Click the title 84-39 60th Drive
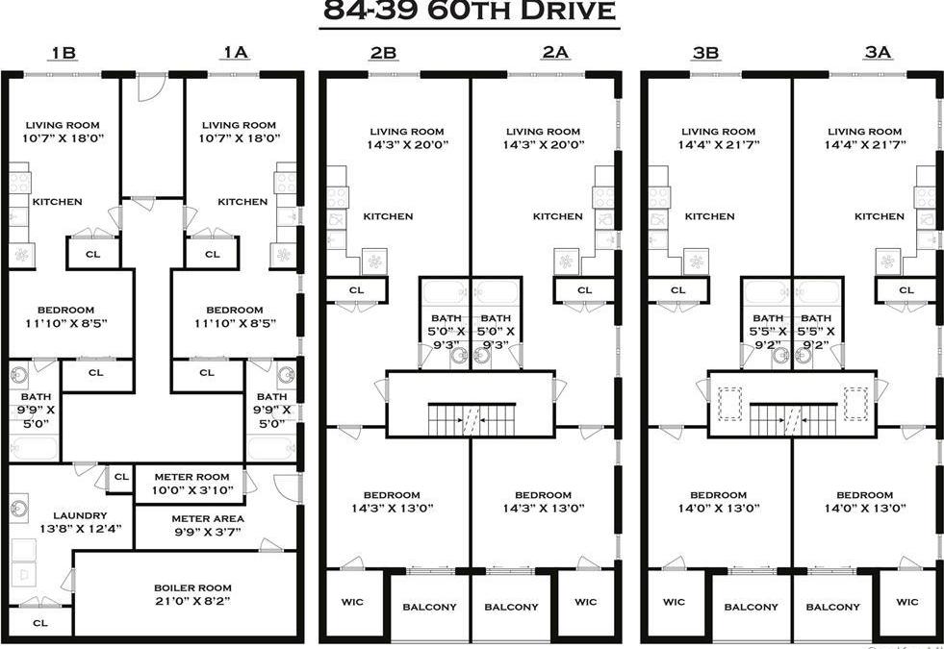click(x=469, y=12)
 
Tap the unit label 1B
click(x=64, y=52)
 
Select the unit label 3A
click(x=877, y=52)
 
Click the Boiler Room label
click(x=192, y=587)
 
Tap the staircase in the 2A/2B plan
click(x=470, y=419)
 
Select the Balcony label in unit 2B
click(x=429, y=607)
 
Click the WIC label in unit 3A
click(x=906, y=603)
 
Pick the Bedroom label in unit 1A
click(x=234, y=310)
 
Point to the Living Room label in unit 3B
click(x=718, y=132)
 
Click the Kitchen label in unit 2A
click(x=558, y=216)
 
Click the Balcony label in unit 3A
click(x=832, y=607)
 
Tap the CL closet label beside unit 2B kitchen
click(x=356, y=289)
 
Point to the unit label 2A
click(x=554, y=52)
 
